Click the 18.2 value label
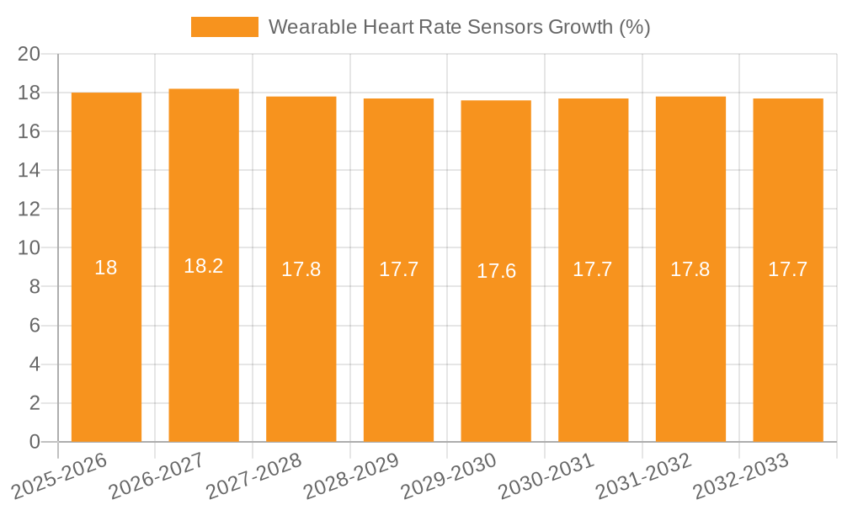204,266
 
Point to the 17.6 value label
496,271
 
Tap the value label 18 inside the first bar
106,268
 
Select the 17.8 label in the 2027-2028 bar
301,269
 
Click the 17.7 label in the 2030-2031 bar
593,269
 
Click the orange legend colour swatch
225,27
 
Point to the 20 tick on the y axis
29,54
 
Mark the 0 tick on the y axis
35,442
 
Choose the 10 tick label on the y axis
29,248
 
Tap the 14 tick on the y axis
29,170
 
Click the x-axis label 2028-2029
352,476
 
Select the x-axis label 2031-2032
645,476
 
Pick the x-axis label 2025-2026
61,476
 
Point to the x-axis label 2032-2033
742,476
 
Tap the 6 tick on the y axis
35,326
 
